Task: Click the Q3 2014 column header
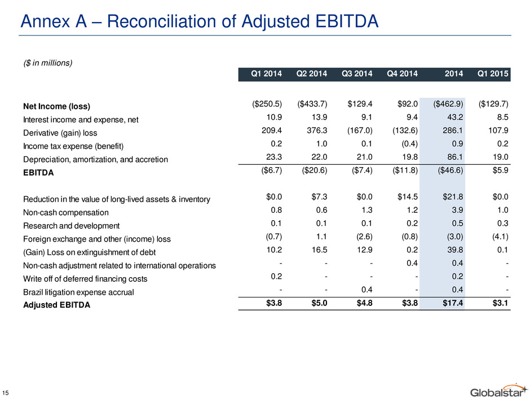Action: click(357, 74)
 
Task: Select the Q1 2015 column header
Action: click(492, 74)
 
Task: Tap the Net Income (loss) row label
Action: click(56, 106)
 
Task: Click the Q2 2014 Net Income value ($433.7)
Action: click(312, 103)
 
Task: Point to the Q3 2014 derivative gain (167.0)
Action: click(360, 130)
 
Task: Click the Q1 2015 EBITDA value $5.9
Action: click(500, 170)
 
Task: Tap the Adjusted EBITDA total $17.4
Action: click(453, 303)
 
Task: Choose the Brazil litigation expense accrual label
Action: click(78, 292)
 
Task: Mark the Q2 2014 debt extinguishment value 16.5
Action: click(319, 250)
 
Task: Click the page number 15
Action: click(5, 392)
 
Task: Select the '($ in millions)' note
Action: click(48, 63)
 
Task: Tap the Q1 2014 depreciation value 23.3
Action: click(274, 157)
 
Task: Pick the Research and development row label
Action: click(71, 226)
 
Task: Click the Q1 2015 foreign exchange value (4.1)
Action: click(500, 237)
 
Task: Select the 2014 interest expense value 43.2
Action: click(455, 117)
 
